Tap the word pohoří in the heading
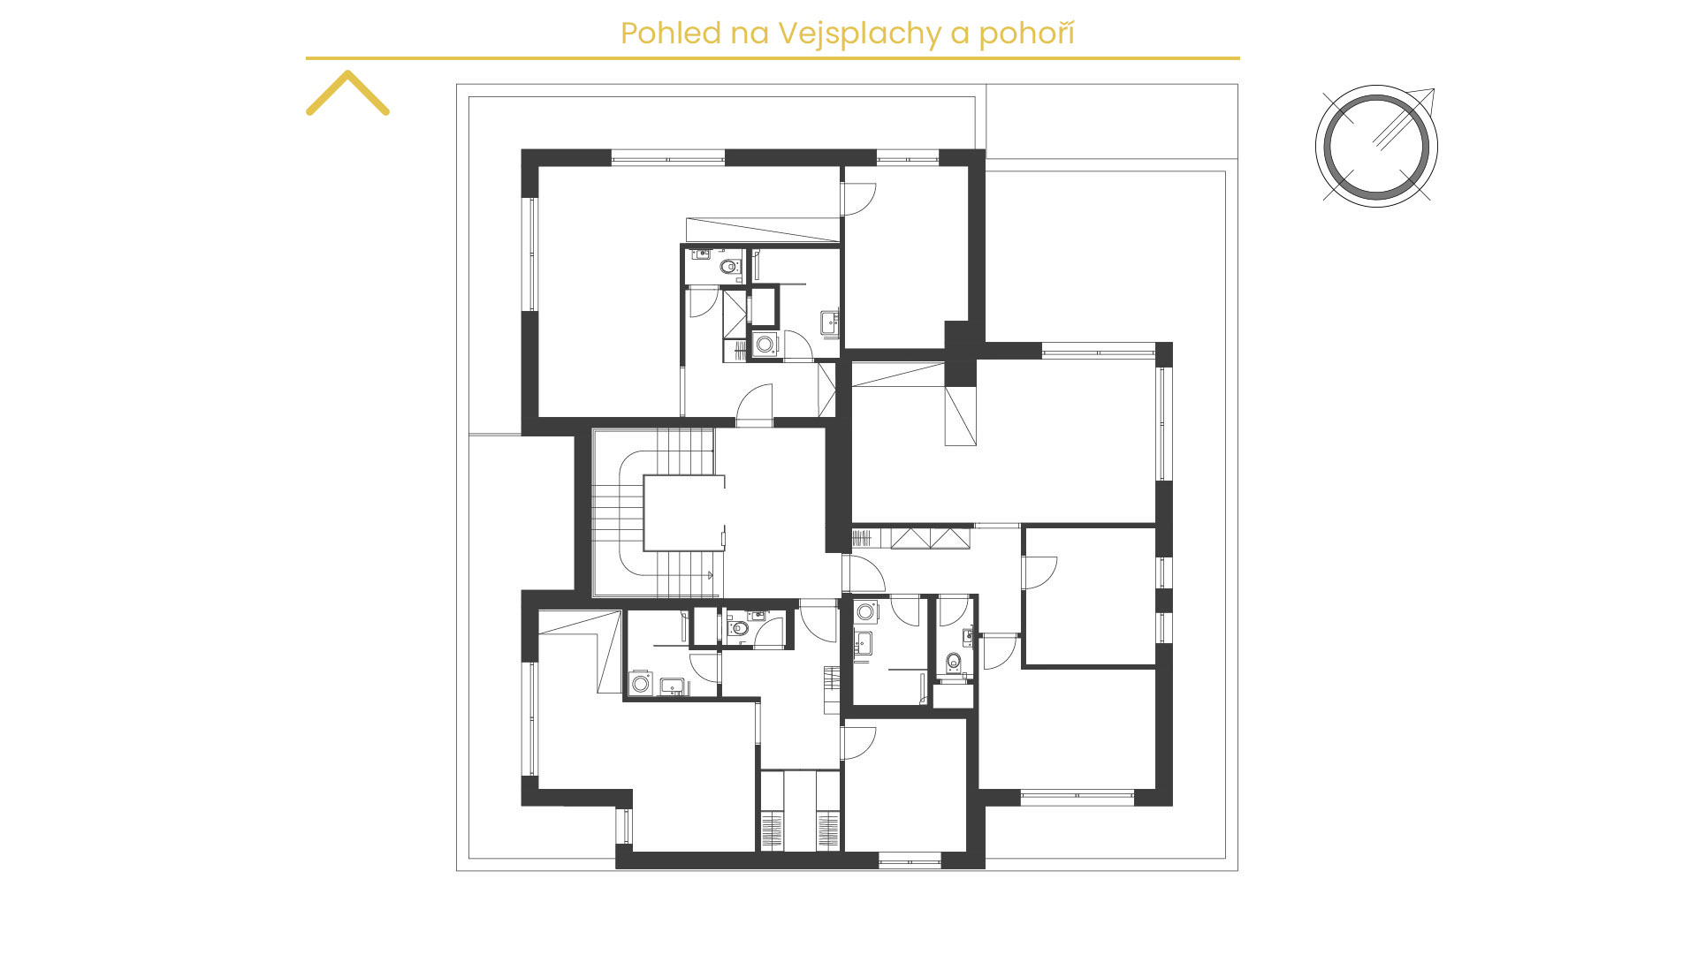pyautogui.click(x=1026, y=34)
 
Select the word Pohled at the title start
pyautogui.click(x=659, y=33)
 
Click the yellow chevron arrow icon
pyautogui.click(x=347, y=93)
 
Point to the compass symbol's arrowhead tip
pyautogui.click(x=1434, y=89)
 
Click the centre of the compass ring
pyautogui.click(x=1376, y=146)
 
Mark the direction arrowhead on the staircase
pyautogui.click(x=711, y=575)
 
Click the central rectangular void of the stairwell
pyautogui.click(x=683, y=513)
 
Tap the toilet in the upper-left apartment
pyautogui.click(x=729, y=266)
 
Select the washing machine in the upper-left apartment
pyautogui.click(x=765, y=344)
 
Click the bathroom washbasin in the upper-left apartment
pyautogui.click(x=829, y=322)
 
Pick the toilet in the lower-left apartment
pyautogui.click(x=739, y=628)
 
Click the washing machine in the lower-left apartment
pyautogui.click(x=641, y=684)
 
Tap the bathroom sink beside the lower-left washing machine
pyautogui.click(x=673, y=686)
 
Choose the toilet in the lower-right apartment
pyautogui.click(x=954, y=662)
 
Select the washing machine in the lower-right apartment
pyautogui.click(x=866, y=611)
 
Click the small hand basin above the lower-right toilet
pyautogui.click(x=969, y=634)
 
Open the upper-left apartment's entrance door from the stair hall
pyautogui.click(x=755, y=405)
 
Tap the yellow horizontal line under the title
pyautogui.click(x=773, y=58)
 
